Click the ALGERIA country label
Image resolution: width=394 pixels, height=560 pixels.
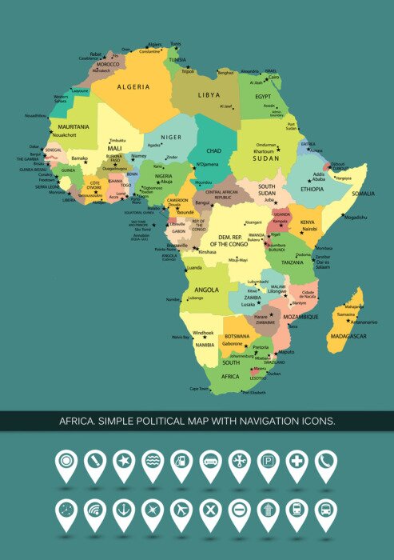click(x=133, y=86)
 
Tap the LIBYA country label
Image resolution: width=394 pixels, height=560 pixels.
click(x=209, y=94)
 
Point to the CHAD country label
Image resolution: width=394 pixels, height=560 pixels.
click(x=214, y=150)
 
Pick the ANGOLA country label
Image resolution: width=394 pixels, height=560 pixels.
click(x=206, y=290)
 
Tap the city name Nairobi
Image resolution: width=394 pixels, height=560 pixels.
click(x=310, y=229)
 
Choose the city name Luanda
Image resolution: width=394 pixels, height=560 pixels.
click(x=194, y=269)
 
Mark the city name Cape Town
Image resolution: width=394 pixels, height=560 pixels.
click(x=199, y=389)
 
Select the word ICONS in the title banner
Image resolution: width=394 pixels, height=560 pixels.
click(x=316, y=421)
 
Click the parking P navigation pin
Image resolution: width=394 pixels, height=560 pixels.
click(x=268, y=462)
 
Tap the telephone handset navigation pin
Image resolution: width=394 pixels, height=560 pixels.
click(x=325, y=462)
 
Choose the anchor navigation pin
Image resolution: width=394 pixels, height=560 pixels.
click(x=124, y=509)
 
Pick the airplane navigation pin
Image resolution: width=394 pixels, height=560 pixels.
click(x=181, y=509)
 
